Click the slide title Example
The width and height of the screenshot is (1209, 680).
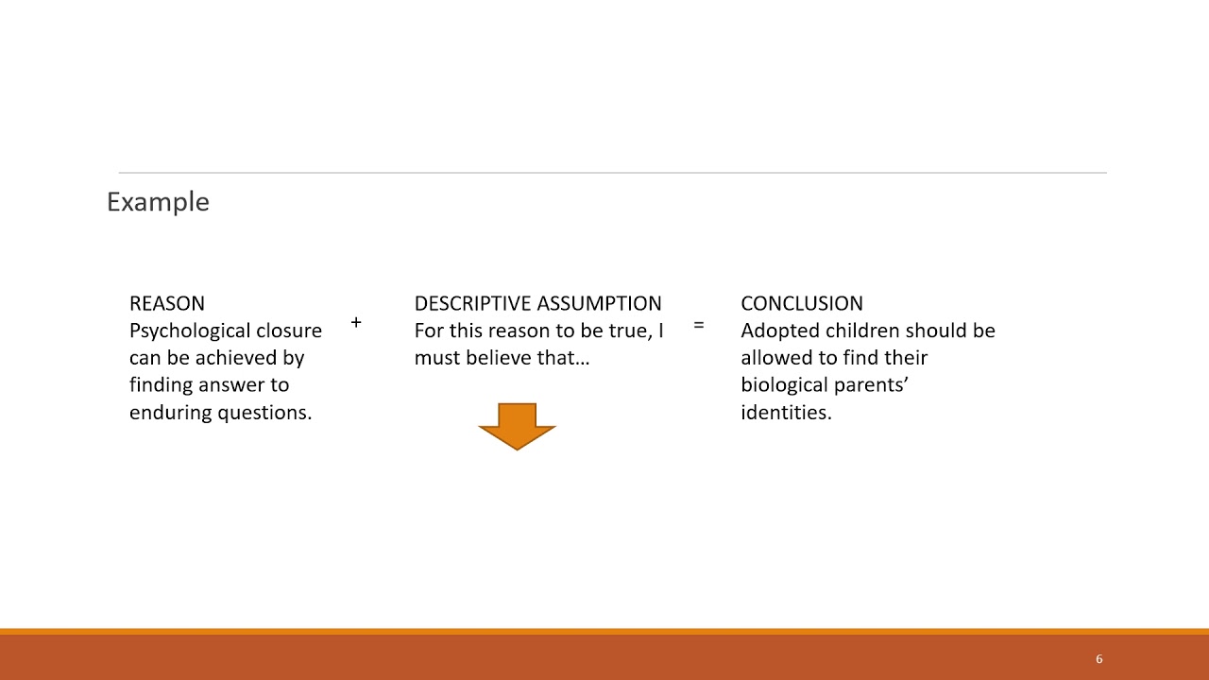[x=158, y=202]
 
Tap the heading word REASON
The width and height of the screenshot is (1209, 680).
[x=167, y=303]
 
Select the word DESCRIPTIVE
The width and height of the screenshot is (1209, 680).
[x=472, y=303]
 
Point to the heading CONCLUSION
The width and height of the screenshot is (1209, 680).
[x=802, y=303]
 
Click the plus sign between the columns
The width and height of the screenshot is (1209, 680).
[x=356, y=323]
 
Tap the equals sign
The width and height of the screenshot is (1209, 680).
[x=699, y=325]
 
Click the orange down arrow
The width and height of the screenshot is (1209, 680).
[x=518, y=426]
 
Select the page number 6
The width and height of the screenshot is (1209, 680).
[x=1098, y=659]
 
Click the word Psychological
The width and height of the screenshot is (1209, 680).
[x=187, y=331]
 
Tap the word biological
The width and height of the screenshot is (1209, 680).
[x=781, y=385]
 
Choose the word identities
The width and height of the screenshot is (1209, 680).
[x=786, y=413]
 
